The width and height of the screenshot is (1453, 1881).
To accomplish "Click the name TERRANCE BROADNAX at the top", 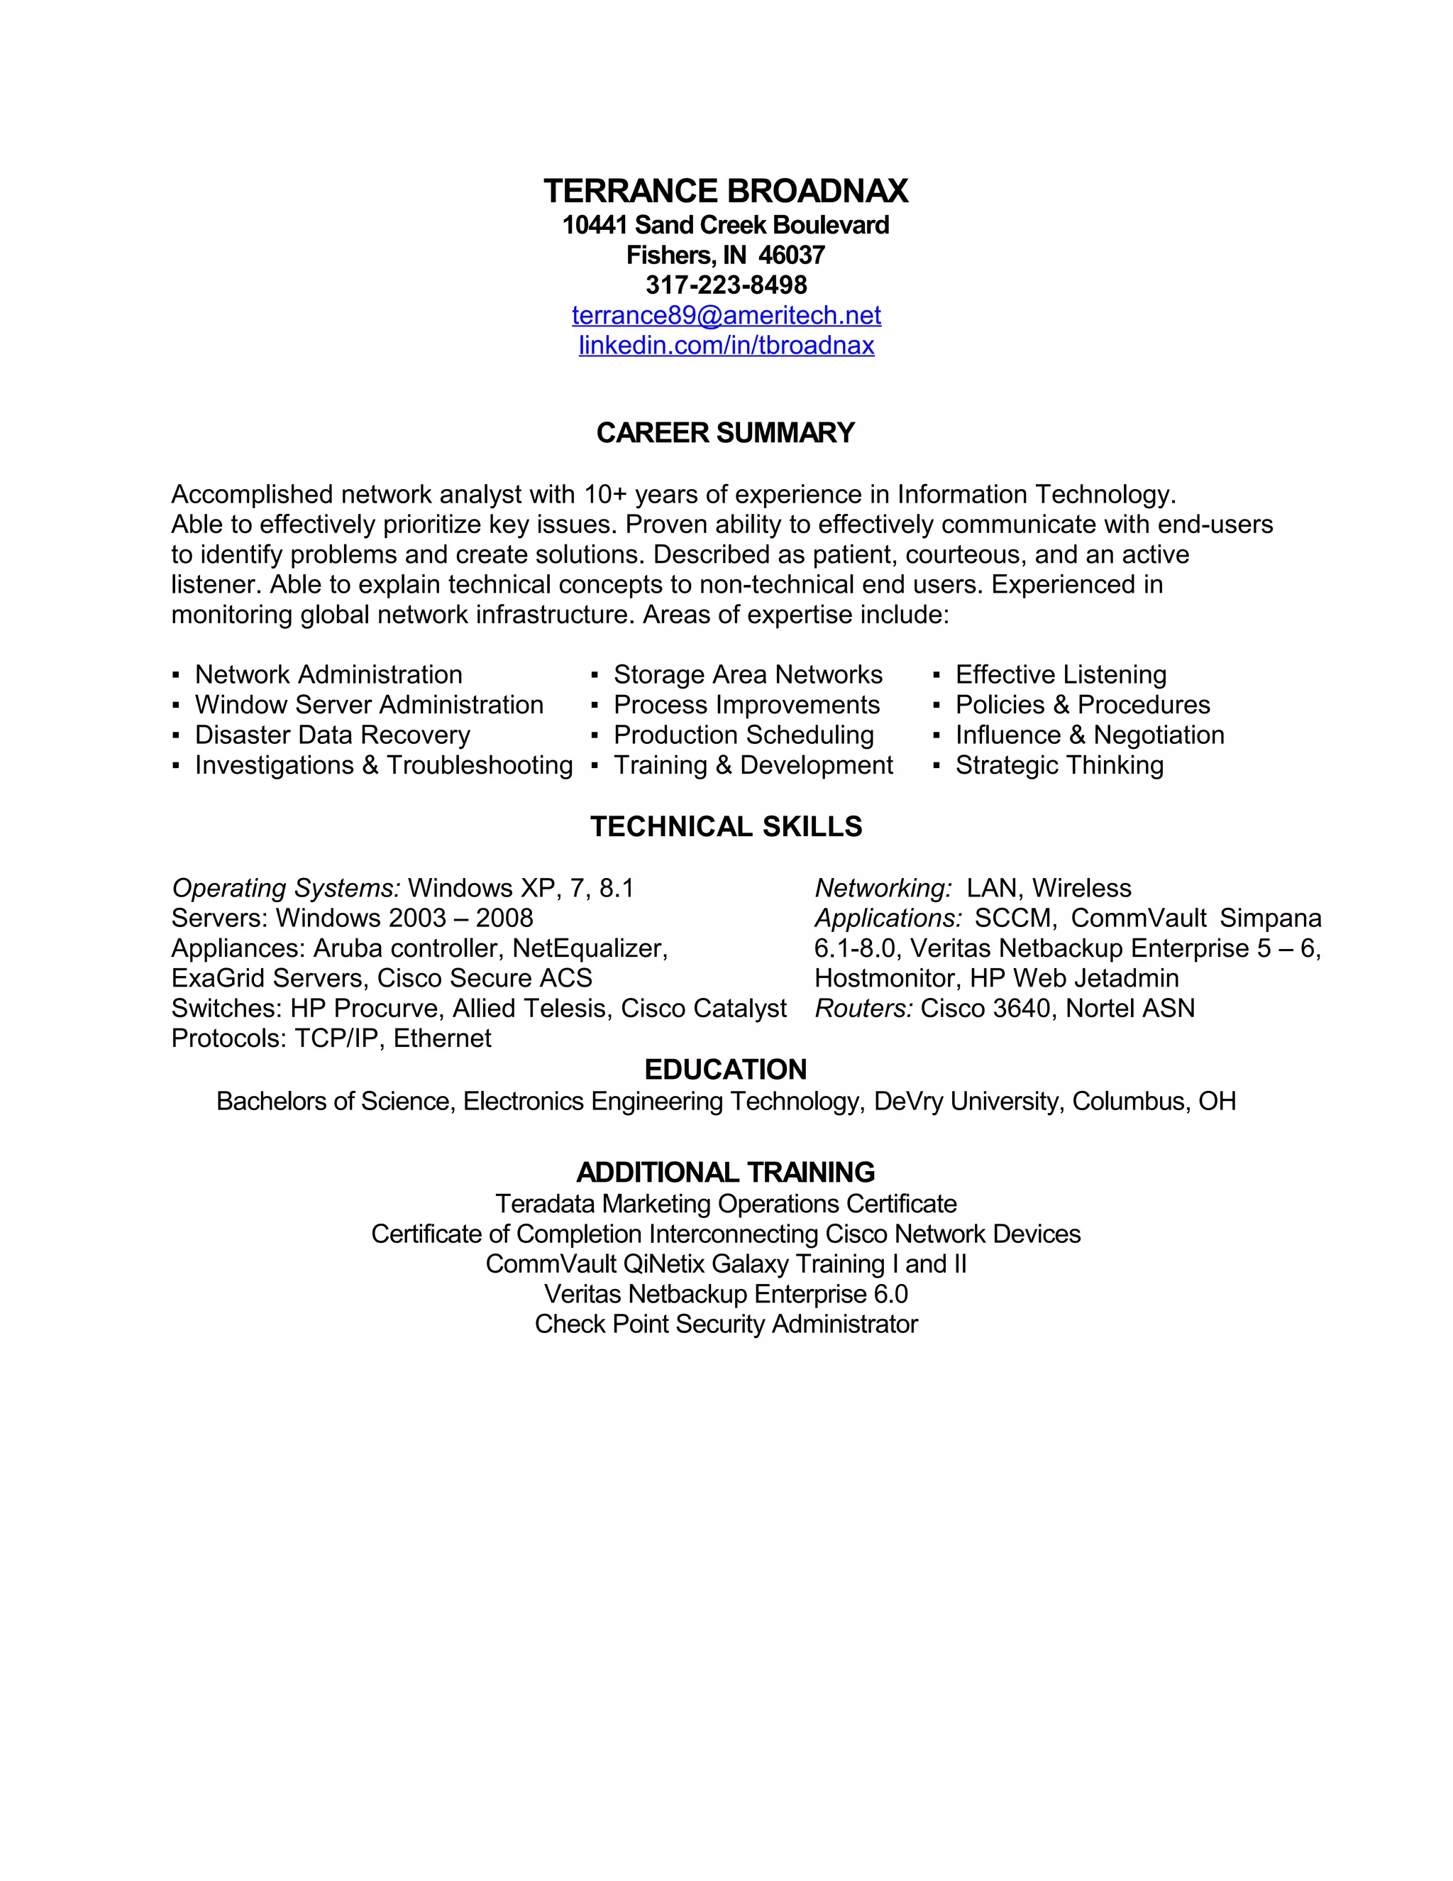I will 726,191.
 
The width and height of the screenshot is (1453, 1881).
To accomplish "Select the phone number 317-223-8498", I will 726,285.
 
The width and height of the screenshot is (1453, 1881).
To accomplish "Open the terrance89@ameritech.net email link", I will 726,315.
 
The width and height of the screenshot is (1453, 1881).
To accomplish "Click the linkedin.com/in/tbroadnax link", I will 726,346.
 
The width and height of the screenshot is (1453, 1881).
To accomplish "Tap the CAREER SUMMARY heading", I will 726,432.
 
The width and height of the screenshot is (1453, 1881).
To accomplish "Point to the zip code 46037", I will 791,255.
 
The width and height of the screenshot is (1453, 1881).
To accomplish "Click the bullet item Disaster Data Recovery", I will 332,735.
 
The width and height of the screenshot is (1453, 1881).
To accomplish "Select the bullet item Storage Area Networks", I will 747,674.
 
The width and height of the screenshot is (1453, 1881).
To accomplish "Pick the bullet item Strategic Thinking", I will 1059,764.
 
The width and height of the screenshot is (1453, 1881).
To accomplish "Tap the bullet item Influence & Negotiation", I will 1089,735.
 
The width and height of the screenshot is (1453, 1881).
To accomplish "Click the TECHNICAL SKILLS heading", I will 726,827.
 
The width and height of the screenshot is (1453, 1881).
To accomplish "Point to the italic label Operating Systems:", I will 286,888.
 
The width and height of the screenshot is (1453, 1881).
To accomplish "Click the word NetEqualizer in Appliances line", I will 589,948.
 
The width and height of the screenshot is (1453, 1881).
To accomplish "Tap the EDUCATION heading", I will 726,1070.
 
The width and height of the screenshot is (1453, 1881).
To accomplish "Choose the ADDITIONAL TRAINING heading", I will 726,1172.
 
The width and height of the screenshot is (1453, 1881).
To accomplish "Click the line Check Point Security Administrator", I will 726,1324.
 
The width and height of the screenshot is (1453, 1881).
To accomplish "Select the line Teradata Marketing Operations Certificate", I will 726,1203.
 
